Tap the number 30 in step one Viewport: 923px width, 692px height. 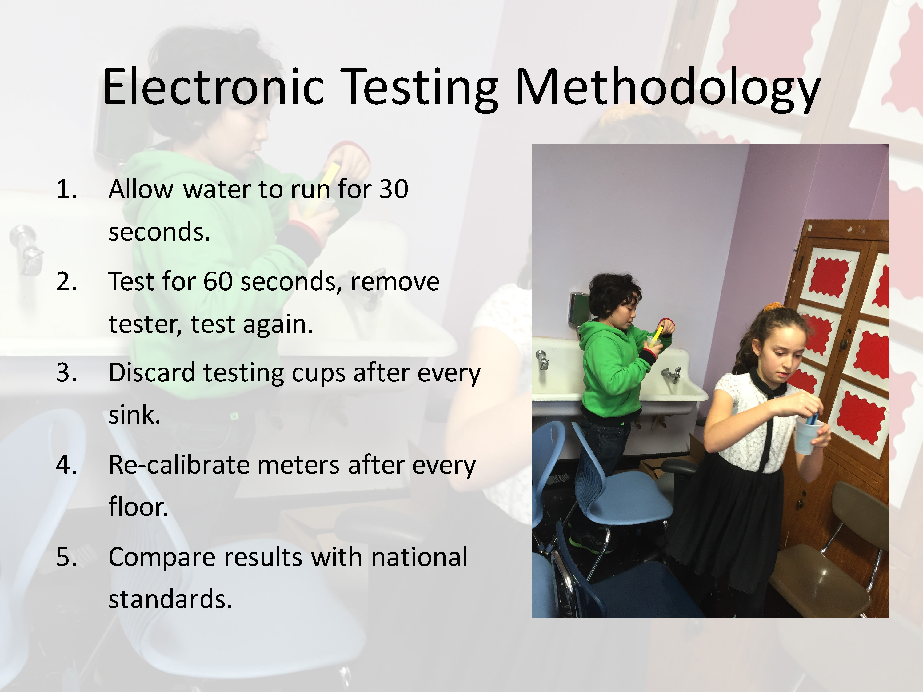tap(394, 189)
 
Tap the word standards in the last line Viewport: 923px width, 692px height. tap(170, 599)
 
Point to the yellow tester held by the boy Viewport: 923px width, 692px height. tap(657, 336)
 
